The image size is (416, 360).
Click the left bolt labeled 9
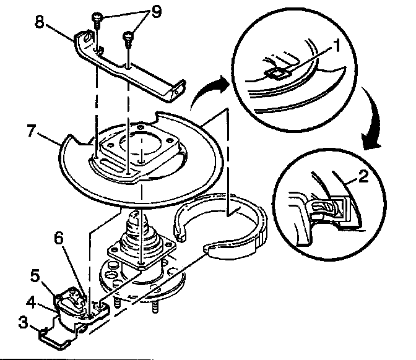coord(98,19)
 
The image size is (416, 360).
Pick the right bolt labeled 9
coord(129,36)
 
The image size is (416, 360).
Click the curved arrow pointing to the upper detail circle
coord(206,93)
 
